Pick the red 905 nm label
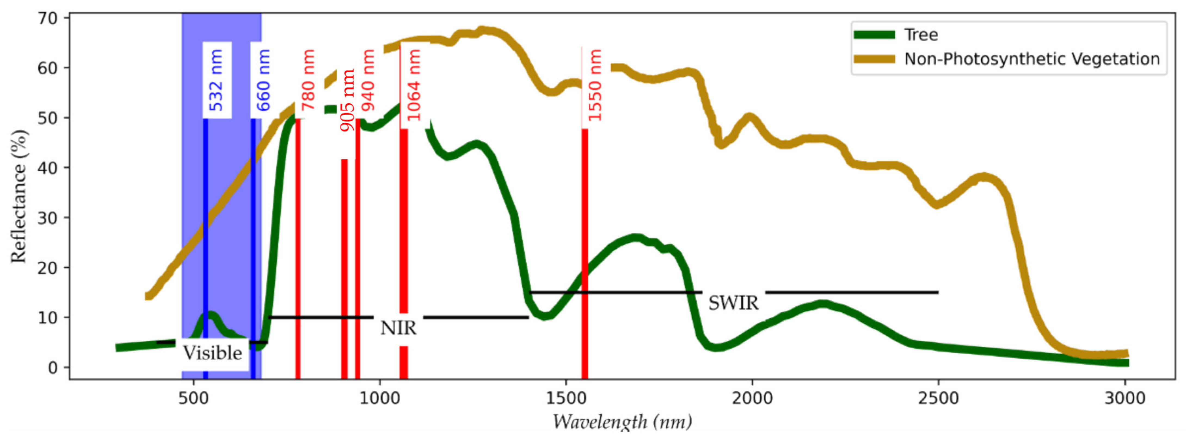[x=348, y=100]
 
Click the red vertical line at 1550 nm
[x=585, y=253]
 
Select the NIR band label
[x=398, y=328]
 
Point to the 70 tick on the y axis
[x=47, y=19]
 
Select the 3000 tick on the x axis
[x=1125, y=398]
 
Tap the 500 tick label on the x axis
[x=194, y=398]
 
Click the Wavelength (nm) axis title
[x=622, y=422]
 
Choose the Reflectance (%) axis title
[x=19, y=197]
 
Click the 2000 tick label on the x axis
[x=752, y=398]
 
